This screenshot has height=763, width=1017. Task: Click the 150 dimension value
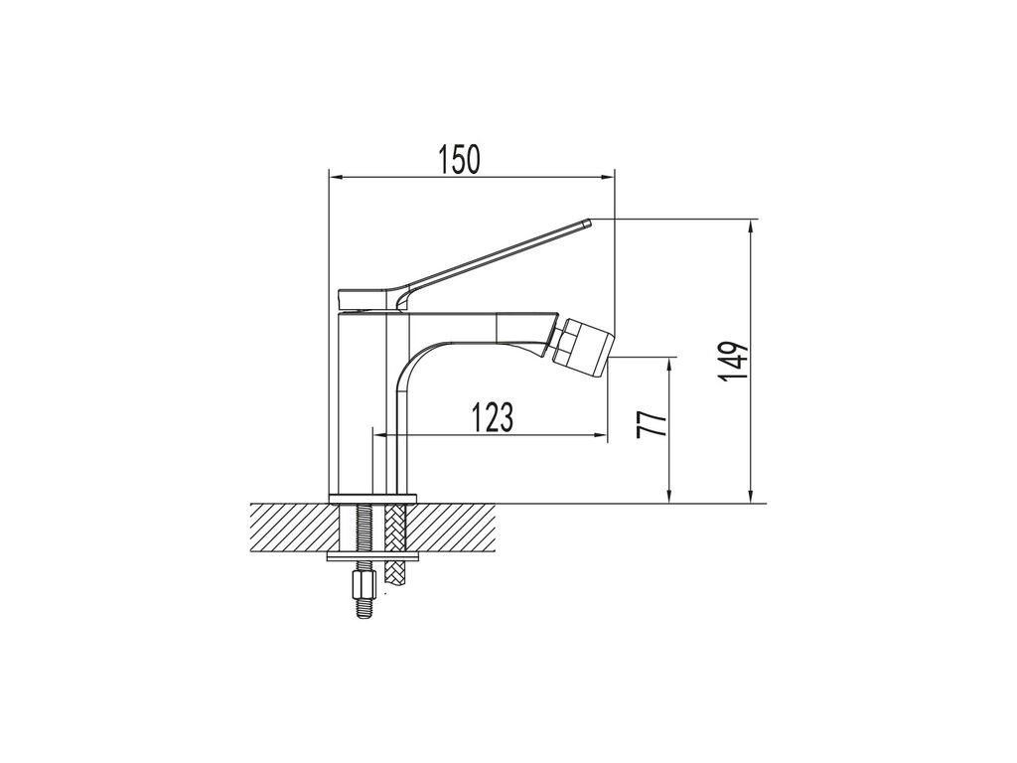click(460, 160)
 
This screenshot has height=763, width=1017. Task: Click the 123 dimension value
click(492, 417)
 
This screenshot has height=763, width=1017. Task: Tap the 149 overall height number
click(734, 362)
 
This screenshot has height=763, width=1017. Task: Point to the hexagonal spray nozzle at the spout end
click(584, 342)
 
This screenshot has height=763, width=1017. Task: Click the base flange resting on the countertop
click(371, 499)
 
